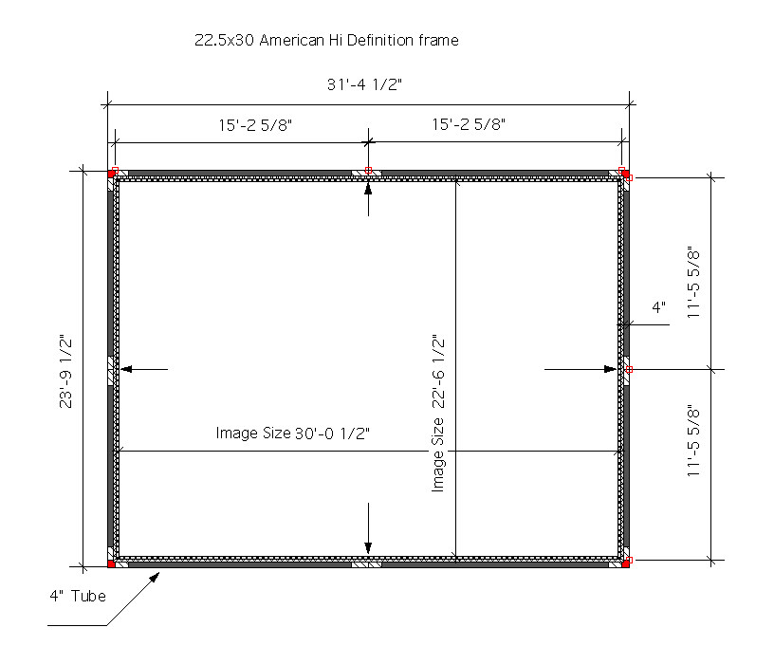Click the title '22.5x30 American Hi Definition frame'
326,40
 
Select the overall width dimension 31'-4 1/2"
364,84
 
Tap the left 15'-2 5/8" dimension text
255,125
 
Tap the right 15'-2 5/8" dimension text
469,124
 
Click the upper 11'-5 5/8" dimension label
693,282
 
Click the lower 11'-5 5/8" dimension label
693,440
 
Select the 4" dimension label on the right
658,307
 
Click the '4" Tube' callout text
78,596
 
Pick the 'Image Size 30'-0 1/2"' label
293,434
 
